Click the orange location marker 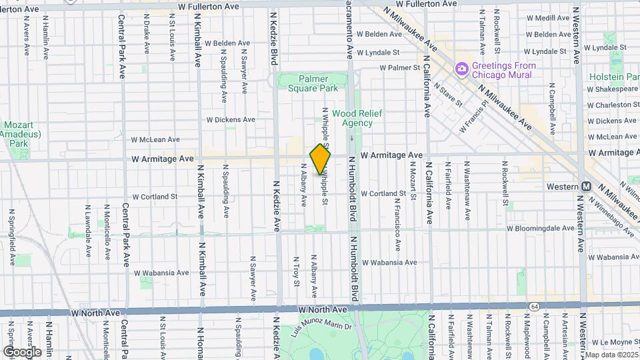[x=321, y=159]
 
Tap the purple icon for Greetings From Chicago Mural [x=461, y=69]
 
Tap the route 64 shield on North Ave [x=535, y=306]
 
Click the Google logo [x=22, y=351]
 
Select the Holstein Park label [x=614, y=77]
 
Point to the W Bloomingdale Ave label [x=540, y=228]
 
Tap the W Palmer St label [x=400, y=67]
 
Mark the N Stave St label [x=447, y=94]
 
